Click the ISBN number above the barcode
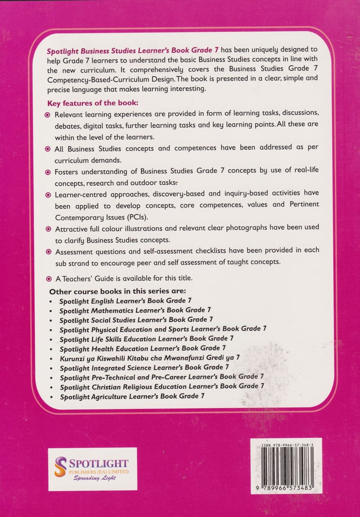point(287,445)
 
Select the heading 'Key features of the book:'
point(93,103)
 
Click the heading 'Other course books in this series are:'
point(117,291)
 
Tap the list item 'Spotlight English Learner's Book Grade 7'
point(125,301)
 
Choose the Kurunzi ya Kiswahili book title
point(149,358)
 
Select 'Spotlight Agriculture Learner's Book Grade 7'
point(132,396)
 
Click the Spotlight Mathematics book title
point(135,310)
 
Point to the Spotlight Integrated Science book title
point(144,368)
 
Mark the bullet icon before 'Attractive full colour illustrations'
point(49,229)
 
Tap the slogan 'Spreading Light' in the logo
point(95,478)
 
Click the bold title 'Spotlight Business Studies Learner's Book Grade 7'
point(133,50)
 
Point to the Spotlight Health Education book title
point(143,349)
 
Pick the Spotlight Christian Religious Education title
point(162,387)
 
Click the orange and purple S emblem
point(61,467)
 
